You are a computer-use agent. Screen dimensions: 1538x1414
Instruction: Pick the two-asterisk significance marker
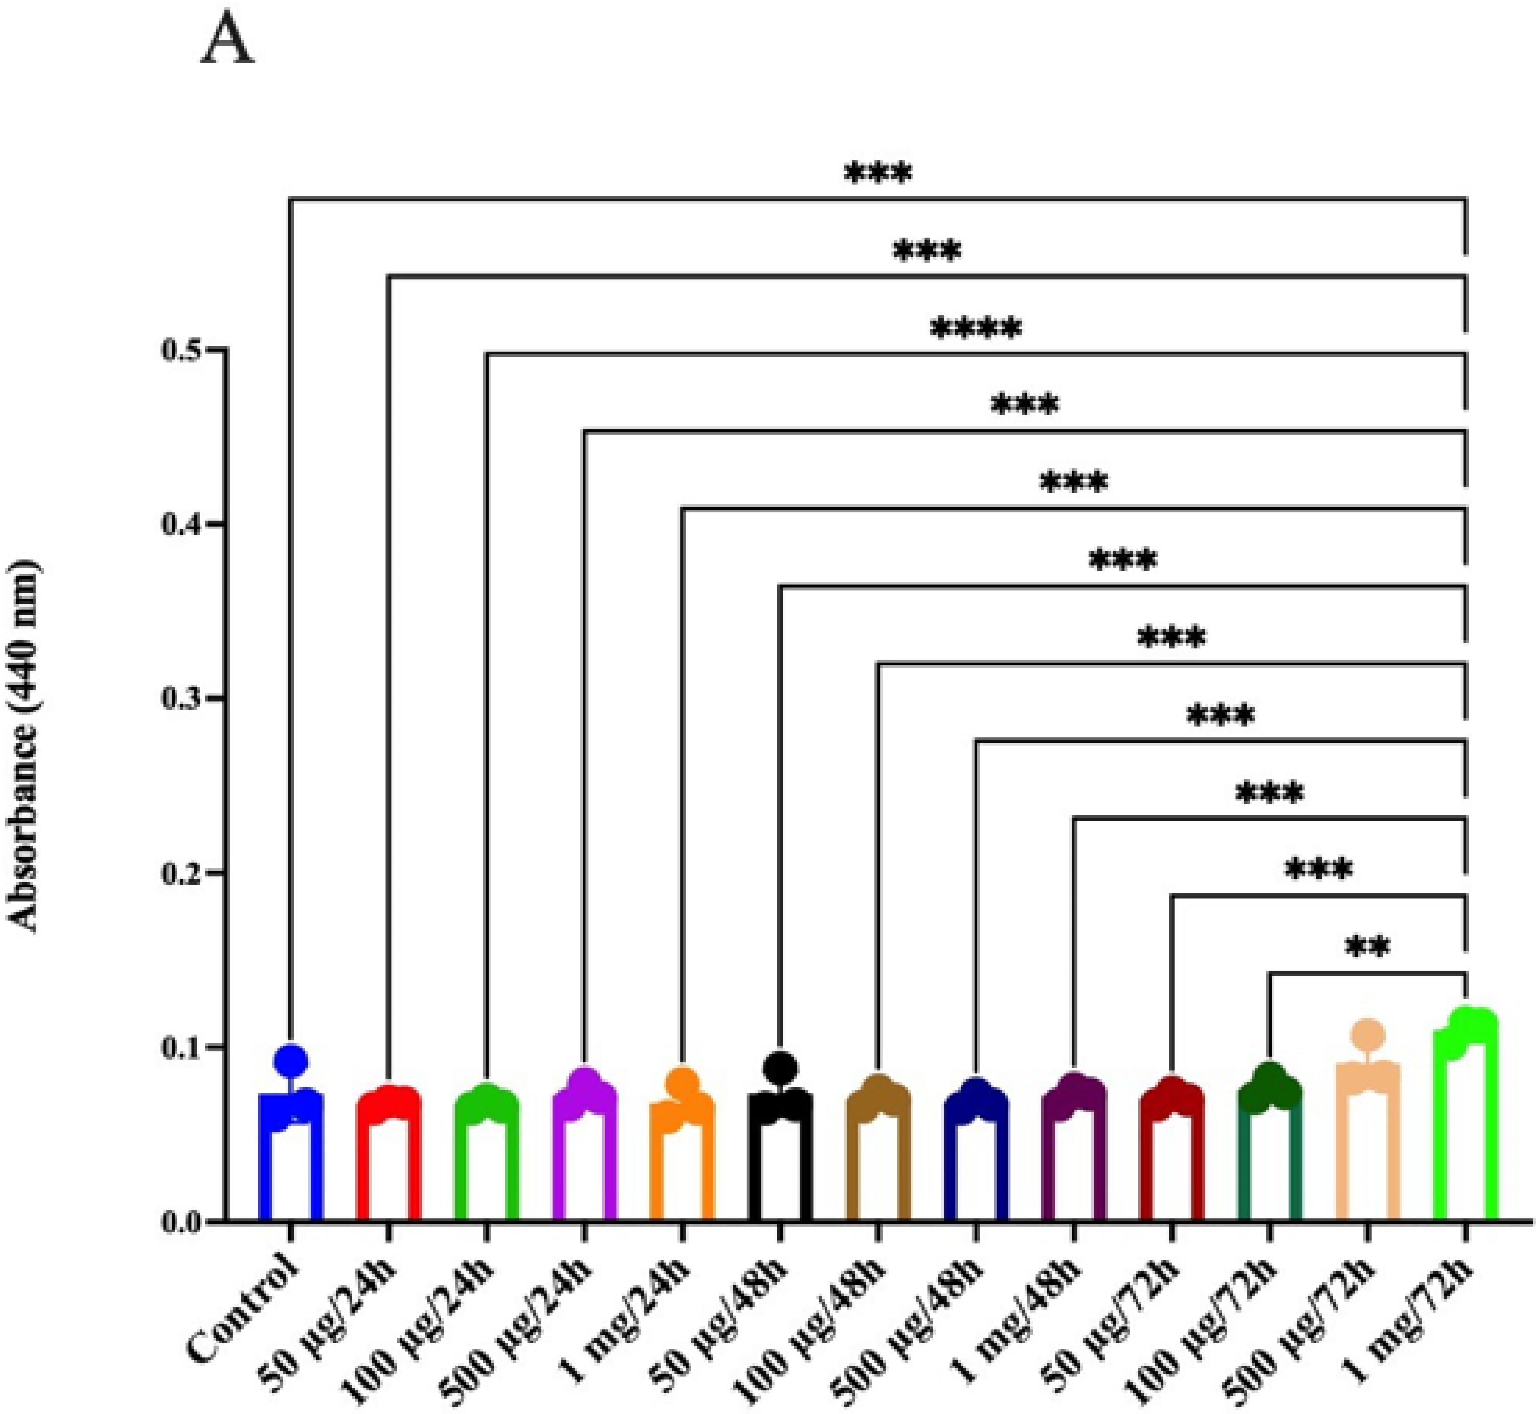click(1367, 947)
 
